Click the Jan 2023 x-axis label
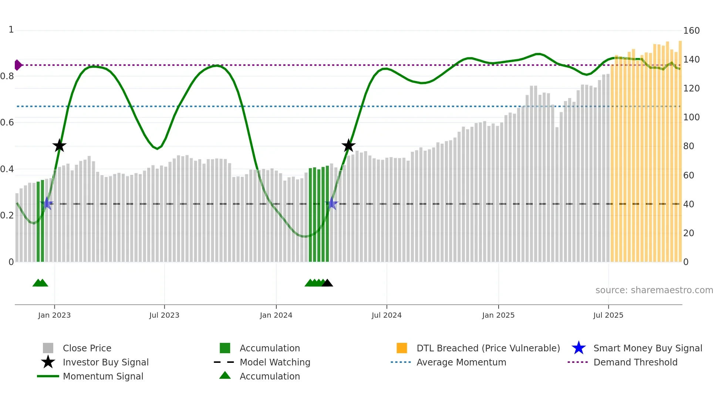tap(54, 315)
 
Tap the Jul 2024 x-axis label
tap(387, 315)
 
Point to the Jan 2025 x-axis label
tap(498, 315)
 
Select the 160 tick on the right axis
tap(691, 31)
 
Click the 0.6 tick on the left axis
tap(7, 123)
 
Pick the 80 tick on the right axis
tap(688, 146)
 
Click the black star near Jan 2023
tap(59, 146)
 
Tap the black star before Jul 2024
tap(348, 146)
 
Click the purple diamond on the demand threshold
tap(18, 65)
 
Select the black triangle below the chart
tap(327, 283)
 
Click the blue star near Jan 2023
tap(47, 203)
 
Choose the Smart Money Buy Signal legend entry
tap(647, 348)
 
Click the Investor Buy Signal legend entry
tap(105, 362)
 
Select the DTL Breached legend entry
tap(488, 348)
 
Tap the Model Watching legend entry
tap(274, 362)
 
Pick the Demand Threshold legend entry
tap(635, 362)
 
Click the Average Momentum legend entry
tap(461, 362)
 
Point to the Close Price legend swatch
tap(48, 348)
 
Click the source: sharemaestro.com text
tap(654, 290)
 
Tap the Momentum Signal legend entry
tap(103, 376)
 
